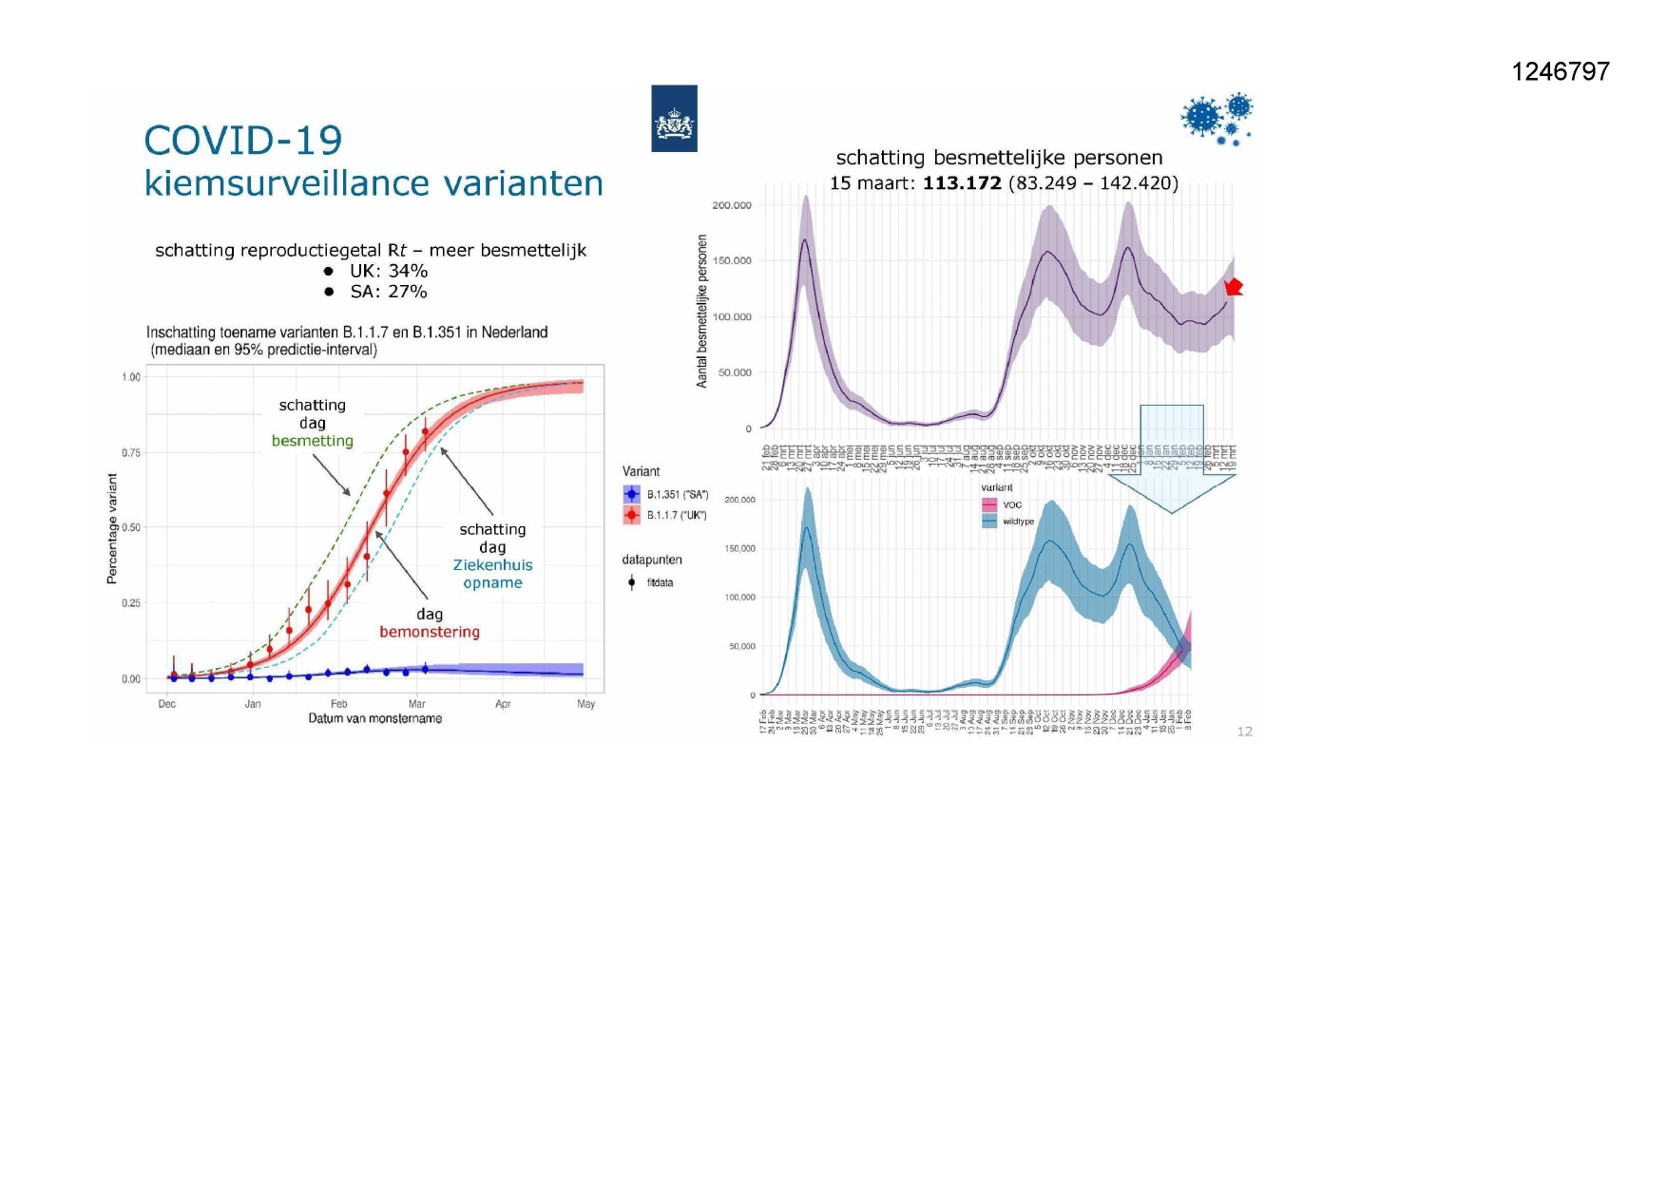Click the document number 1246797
pos(1560,72)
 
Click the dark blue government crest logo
pos(674,119)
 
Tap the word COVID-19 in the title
pos(243,141)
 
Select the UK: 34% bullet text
pos(388,271)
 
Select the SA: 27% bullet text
pos(388,292)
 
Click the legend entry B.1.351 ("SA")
pos(677,495)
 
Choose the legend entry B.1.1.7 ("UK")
pos(676,515)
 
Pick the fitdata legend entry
pos(659,582)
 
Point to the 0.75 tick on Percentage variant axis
pos(130,452)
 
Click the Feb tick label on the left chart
pos(339,704)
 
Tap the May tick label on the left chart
pos(586,704)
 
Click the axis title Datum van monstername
pos(374,719)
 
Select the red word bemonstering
pos(430,632)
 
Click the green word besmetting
pos(312,441)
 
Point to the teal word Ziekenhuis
pos(492,565)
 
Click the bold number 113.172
pos(962,183)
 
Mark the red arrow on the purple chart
pos(1234,287)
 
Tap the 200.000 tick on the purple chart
pos(731,205)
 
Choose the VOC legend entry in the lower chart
pos(1011,504)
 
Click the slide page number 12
pos(1244,732)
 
